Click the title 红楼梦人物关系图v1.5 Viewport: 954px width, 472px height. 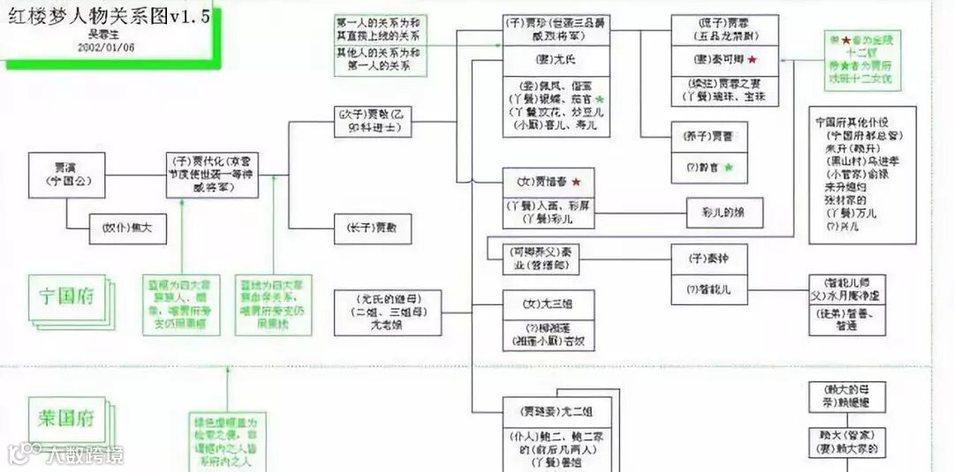point(105,14)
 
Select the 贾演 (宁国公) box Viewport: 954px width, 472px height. point(66,173)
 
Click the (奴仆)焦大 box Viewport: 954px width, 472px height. point(127,229)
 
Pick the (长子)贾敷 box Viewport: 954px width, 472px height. point(372,229)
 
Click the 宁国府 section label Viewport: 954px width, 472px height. point(67,296)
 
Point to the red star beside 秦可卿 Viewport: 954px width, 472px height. point(752,59)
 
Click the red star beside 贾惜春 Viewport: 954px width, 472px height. point(575,181)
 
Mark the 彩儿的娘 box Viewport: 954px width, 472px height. point(724,212)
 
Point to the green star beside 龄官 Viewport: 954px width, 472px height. point(729,167)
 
